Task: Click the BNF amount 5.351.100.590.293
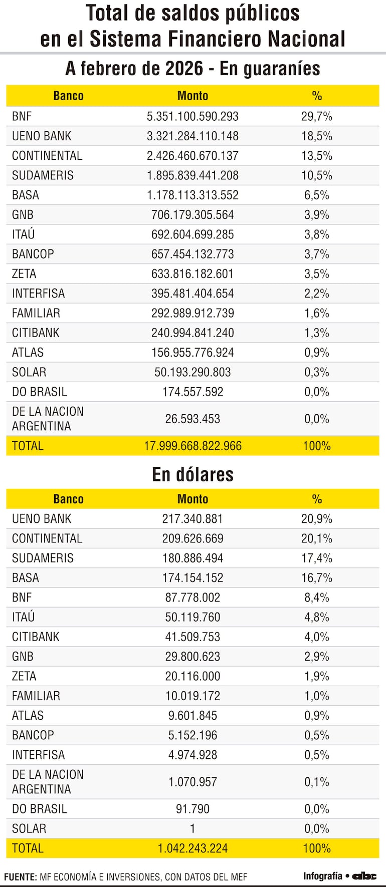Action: tap(192, 116)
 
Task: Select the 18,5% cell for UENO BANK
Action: tap(316, 136)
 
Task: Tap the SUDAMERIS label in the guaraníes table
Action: tap(43, 175)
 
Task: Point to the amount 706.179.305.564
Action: tap(192, 215)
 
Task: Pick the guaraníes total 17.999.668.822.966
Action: tap(192, 446)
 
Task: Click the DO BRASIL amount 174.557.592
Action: tap(192, 392)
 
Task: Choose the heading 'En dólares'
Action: tap(192, 474)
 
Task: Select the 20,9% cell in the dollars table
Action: tap(316, 519)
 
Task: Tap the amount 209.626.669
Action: tap(192, 538)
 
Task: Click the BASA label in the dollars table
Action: tap(26, 578)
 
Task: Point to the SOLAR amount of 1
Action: tap(192, 828)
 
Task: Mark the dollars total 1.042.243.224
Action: tap(192, 848)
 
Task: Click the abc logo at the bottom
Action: tap(364, 876)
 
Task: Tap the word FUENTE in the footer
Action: tap(20, 877)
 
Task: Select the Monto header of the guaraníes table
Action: tap(192, 96)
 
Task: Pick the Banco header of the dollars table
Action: tap(68, 499)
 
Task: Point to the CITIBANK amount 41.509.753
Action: tap(192, 637)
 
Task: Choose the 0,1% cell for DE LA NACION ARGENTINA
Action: tap(316, 782)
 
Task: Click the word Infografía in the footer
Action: tap(322, 876)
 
